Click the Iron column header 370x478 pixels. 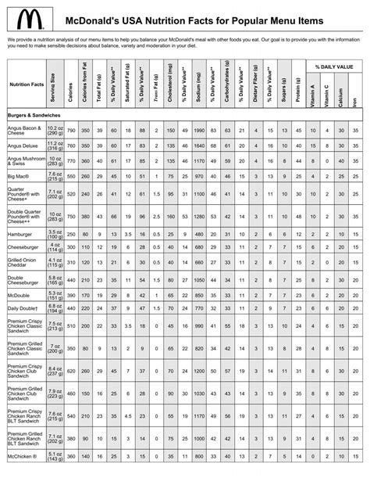tap(354, 101)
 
